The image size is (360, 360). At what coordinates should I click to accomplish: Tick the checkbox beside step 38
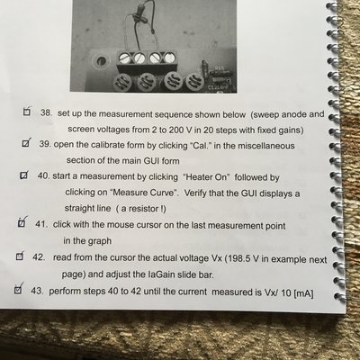coord(27,112)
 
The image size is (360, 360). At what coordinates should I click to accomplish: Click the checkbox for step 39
coord(26,143)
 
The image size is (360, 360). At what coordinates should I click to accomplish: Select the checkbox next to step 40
coord(24,175)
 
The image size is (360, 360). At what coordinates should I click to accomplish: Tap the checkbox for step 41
coord(22,222)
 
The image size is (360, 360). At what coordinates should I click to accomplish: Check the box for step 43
coord(18,290)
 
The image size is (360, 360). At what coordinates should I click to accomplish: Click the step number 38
coord(47,113)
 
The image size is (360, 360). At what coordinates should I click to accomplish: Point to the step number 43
coord(38,291)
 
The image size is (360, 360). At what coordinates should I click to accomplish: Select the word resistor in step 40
coord(145,208)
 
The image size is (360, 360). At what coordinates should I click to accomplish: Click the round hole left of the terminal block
coord(101,61)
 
